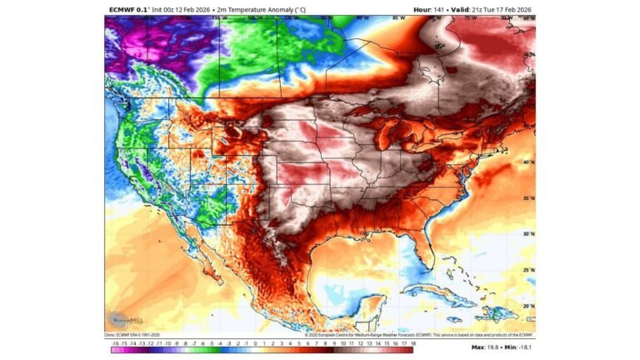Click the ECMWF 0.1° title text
[x=128, y=9]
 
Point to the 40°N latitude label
[x=527, y=162]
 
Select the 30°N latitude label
[x=527, y=234]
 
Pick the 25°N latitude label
[x=527, y=270]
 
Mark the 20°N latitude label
[x=527, y=306]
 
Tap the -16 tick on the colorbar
[x=114, y=342]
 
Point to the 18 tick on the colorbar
[x=412, y=342]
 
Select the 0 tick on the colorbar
[x=254, y=342]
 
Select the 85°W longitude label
[x=398, y=17]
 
